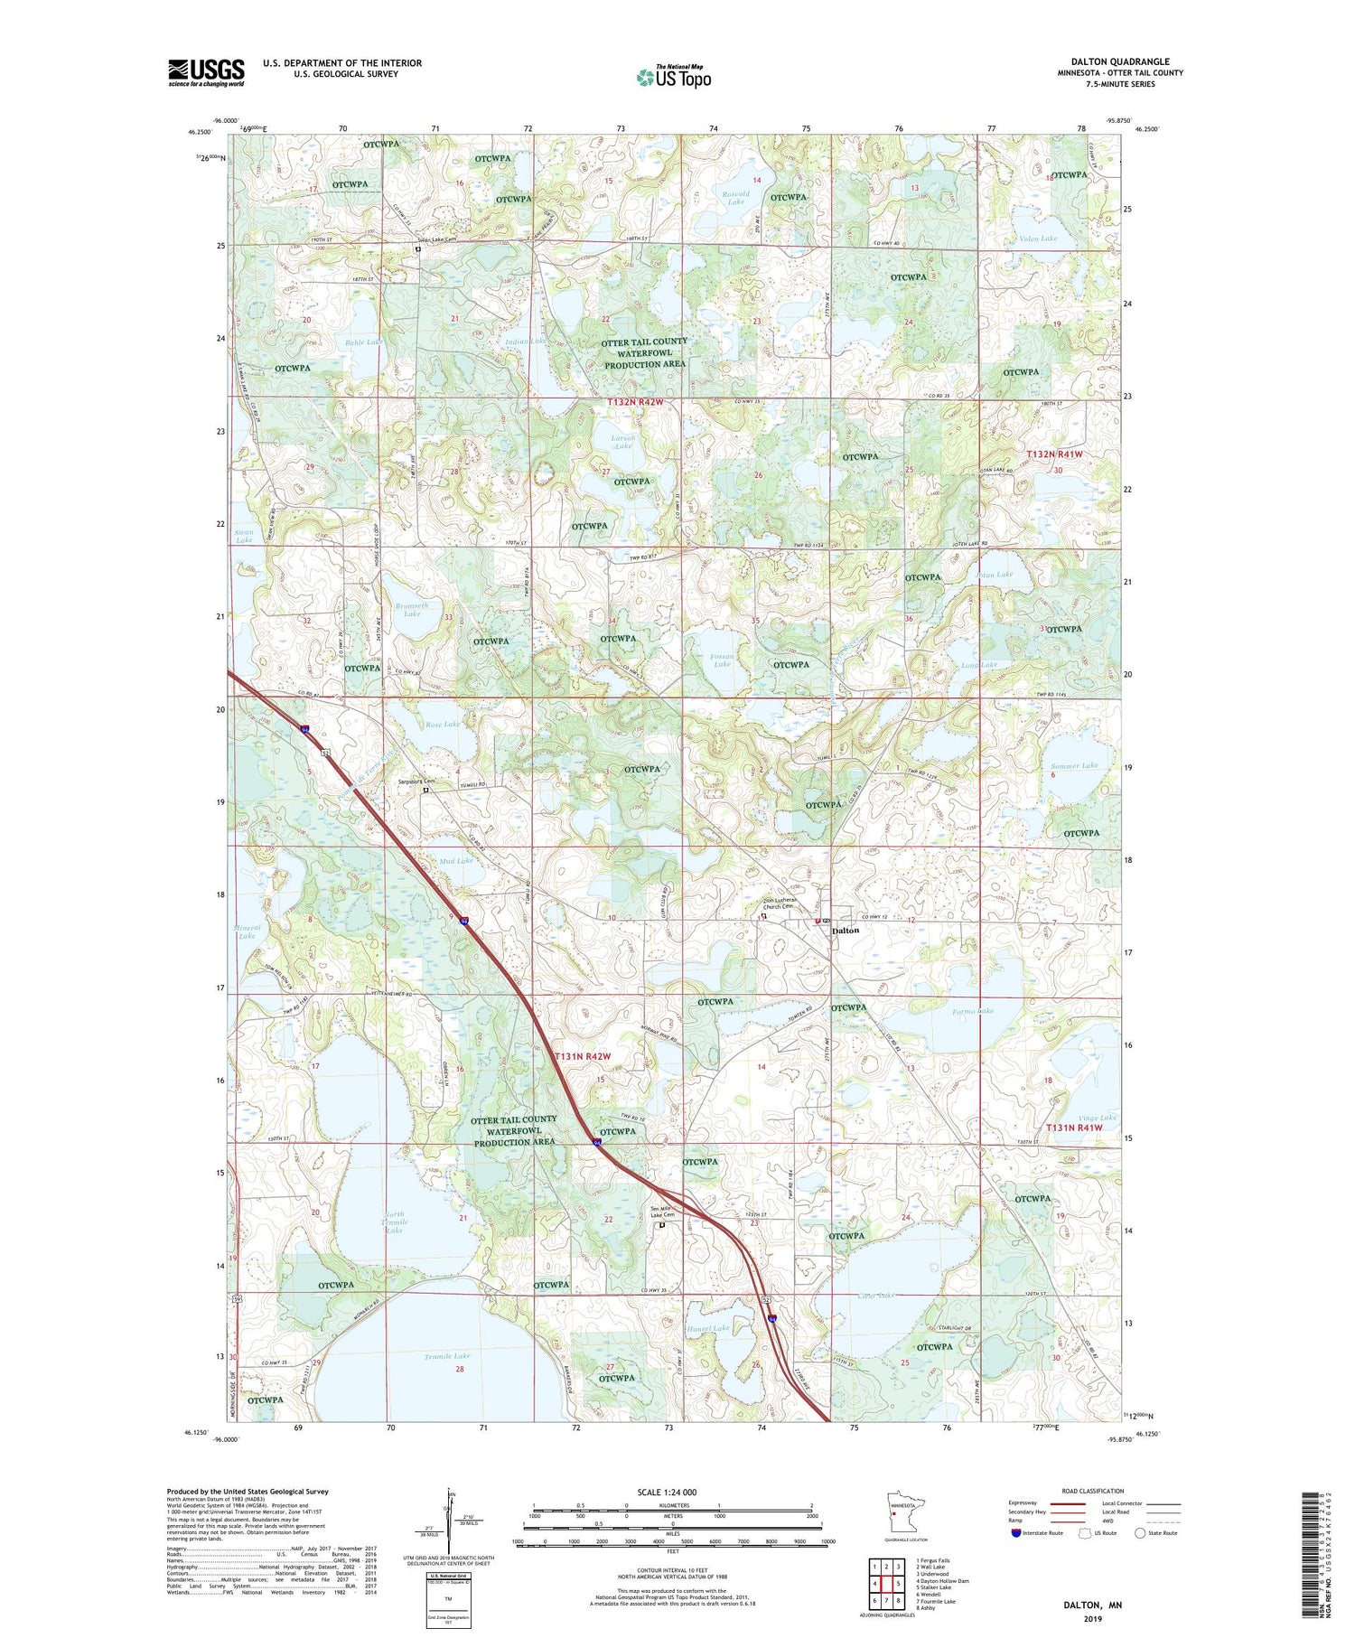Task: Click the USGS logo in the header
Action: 206,72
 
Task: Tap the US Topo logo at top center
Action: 674,77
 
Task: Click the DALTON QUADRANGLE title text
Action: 1120,61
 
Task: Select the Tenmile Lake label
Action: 447,1356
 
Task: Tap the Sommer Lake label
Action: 1074,765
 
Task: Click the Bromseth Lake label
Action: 412,609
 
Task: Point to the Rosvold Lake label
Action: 735,198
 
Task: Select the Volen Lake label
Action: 1038,239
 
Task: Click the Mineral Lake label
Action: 247,931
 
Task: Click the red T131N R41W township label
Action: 1074,1128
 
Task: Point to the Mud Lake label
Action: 457,860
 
